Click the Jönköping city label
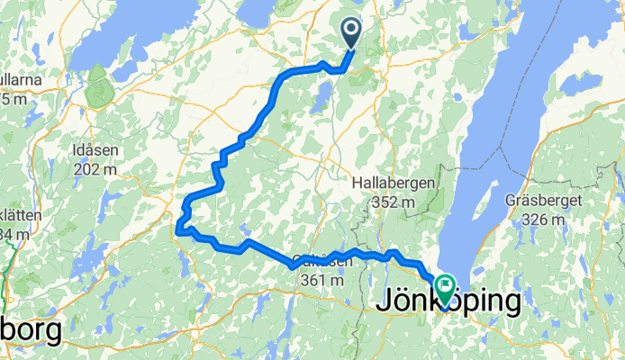pos(448,302)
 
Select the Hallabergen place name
pos(394,183)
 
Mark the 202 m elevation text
pos(104,167)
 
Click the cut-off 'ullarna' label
pos(22,80)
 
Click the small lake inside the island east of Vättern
pos(581,86)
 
